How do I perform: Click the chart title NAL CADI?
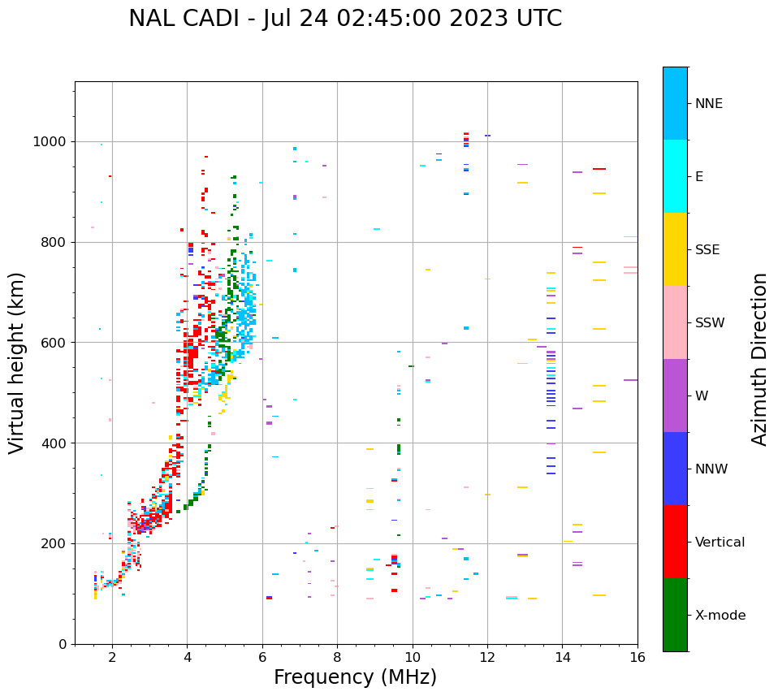click(345, 19)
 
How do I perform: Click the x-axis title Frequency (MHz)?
click(355, 677)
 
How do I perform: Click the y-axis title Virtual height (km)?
click(17, 363)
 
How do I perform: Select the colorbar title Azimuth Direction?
click(759, 359)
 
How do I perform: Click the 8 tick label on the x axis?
click(337, 656)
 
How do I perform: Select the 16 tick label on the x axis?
click(638, 656)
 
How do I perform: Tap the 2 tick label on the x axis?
click(112, 656)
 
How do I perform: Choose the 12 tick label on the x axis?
click(487, 656)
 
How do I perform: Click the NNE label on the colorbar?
click(709, 104)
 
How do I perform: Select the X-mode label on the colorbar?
click(720, 616)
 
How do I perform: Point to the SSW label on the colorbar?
click(710, 323)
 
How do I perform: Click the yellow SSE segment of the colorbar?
click(675, 249)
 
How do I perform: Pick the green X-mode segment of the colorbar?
click(675, 615)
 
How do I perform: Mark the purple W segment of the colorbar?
click(675, 396)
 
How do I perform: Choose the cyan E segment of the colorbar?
click(675, 176)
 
